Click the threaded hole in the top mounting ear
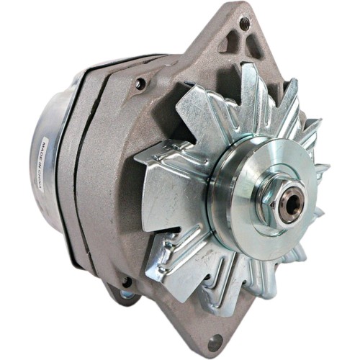tap(243, 24)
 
